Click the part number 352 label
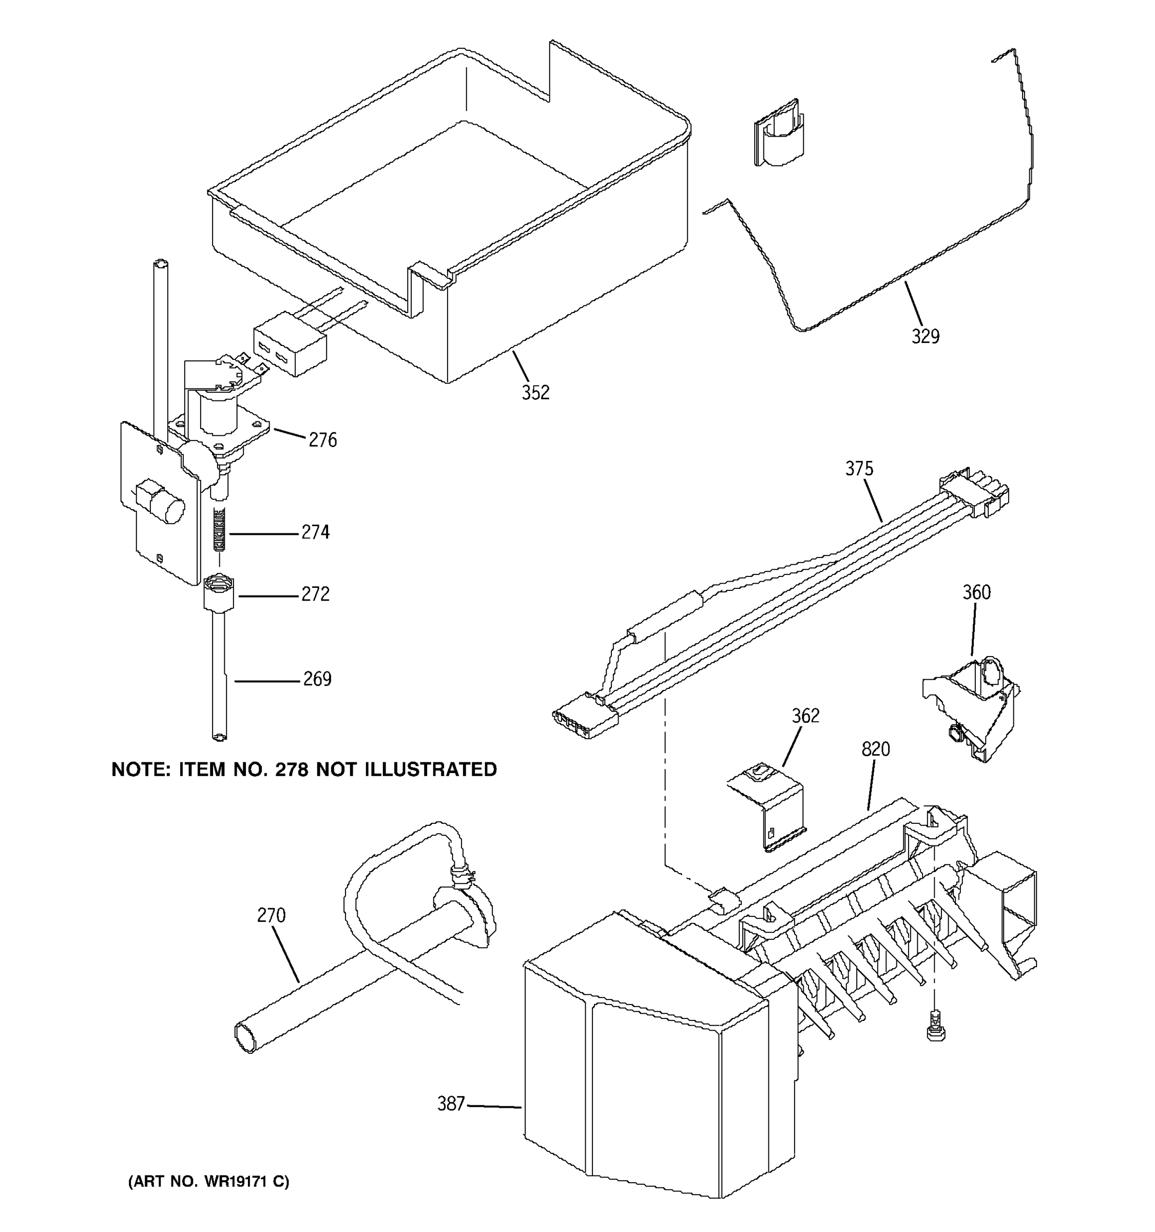click(535, 392)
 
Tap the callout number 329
click(925, 337)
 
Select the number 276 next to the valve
click(322, 440)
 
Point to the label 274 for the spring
click(315, 532)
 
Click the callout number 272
click(315, 594)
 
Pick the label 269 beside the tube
click(317, 679)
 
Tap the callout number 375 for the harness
click(859, 469)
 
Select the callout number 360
click(976, 592)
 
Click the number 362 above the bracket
click(805, 716)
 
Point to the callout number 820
click(876, 749)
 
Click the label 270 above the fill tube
click(272, 915)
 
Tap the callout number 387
click(451, 1104)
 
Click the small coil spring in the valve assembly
click(219, 529)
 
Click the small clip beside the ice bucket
click(779, 133)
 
